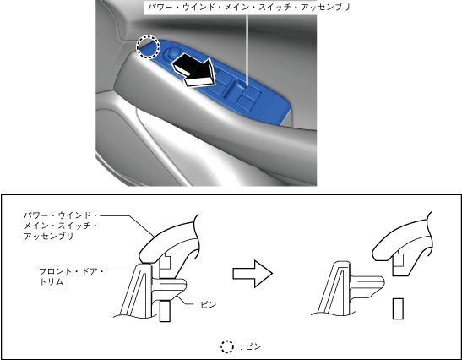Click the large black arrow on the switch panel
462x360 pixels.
(193, 70)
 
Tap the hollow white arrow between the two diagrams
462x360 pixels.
(253, 274)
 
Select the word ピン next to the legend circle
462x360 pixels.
(253, 346)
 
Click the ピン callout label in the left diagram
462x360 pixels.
(209, 304)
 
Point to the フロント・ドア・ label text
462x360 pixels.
(71, 271)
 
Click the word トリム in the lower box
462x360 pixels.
(52, 282)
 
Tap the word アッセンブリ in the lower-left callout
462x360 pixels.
(49, 236)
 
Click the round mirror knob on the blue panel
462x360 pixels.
(172, 53)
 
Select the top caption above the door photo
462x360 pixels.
(249, 7)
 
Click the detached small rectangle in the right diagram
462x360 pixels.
(398, 308)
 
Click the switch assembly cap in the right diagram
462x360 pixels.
(403, 245)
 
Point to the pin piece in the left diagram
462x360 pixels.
(170, 287)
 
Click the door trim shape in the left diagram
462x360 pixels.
(135, 291)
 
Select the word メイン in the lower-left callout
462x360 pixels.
(36, 226)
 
